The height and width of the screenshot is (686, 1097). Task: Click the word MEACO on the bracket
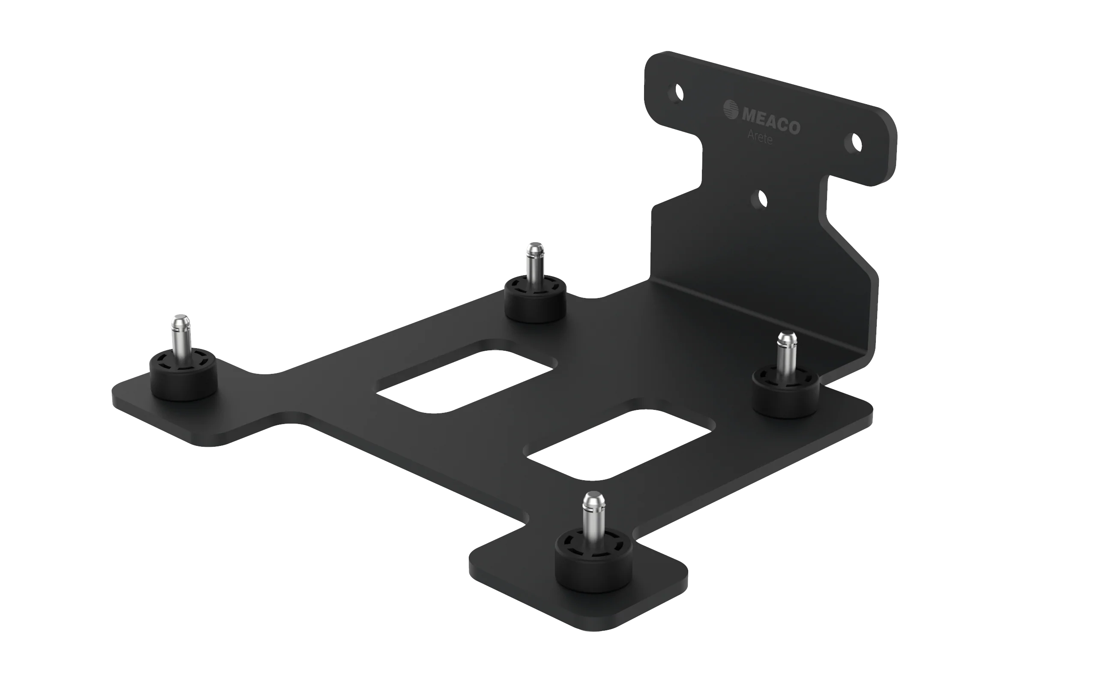[770, 120]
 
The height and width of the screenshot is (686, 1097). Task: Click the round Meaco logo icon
[731, 109]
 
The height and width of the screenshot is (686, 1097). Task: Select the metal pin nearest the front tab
[593, 517]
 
